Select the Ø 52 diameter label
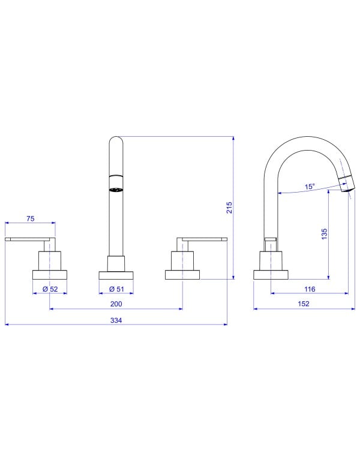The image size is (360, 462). pyautogui.click(x=49, y=289)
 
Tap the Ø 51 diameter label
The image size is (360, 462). pyautogui.click(x=116, y=289)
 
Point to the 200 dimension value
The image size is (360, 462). pyautogui.click(x=116, y=304)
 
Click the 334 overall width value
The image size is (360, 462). pyautogui.click(x=116, y=320)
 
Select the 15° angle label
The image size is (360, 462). pyautogui.click(x=309, y=187)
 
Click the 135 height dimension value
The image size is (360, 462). pyautogui.click(x=324, y=234)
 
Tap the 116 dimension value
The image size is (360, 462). pyautogui.click(x=310, y=289)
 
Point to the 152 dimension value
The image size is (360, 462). pyautogui.click(x=304, y=304)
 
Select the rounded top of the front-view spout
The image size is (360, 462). pyautogui.click(x=116, y=142)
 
